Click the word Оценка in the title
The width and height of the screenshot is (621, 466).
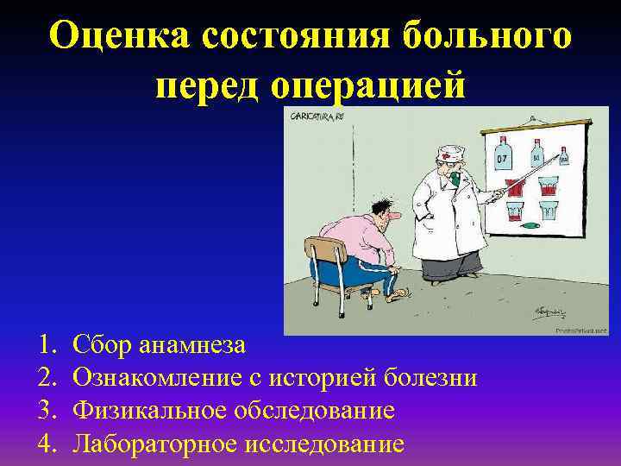(117, 35)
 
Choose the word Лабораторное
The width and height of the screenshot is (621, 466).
(156, 444)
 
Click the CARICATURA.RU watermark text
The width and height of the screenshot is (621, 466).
(316, 115)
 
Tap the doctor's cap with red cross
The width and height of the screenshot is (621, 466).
(448, 155)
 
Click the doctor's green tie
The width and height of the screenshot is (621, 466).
(450, 182)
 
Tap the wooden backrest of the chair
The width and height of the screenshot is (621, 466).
(325, 251)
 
